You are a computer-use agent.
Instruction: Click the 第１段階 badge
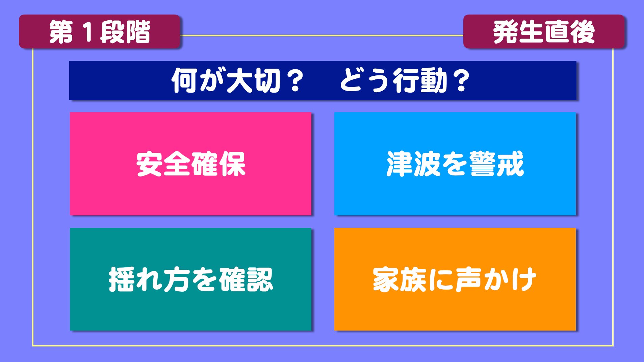click(100, 31)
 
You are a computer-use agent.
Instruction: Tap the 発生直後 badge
click(544, 31)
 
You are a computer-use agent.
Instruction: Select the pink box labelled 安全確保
click(190, 164)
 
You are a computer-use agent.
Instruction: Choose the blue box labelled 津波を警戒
click(455, 164)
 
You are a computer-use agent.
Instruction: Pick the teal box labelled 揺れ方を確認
click(190, 279)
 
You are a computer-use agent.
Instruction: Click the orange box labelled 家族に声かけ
click(455, 279)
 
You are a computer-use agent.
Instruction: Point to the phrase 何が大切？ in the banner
click(238, 80)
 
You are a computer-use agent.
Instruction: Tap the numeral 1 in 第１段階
click(87, 32)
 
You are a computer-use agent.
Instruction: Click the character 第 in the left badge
click(61, 32)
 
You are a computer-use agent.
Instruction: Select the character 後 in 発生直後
click(582, 32)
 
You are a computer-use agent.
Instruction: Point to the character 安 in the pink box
click(150, 164)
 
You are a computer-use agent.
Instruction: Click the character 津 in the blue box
click(400, 164)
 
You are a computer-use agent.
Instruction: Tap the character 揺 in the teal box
click(122, 280)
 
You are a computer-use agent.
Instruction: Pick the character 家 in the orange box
click(386, 280)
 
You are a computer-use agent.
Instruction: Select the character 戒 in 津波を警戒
click(510, 164)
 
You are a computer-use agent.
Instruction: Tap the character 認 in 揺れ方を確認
click(259, 280)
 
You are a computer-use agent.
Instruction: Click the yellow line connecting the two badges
click(321, 35)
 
